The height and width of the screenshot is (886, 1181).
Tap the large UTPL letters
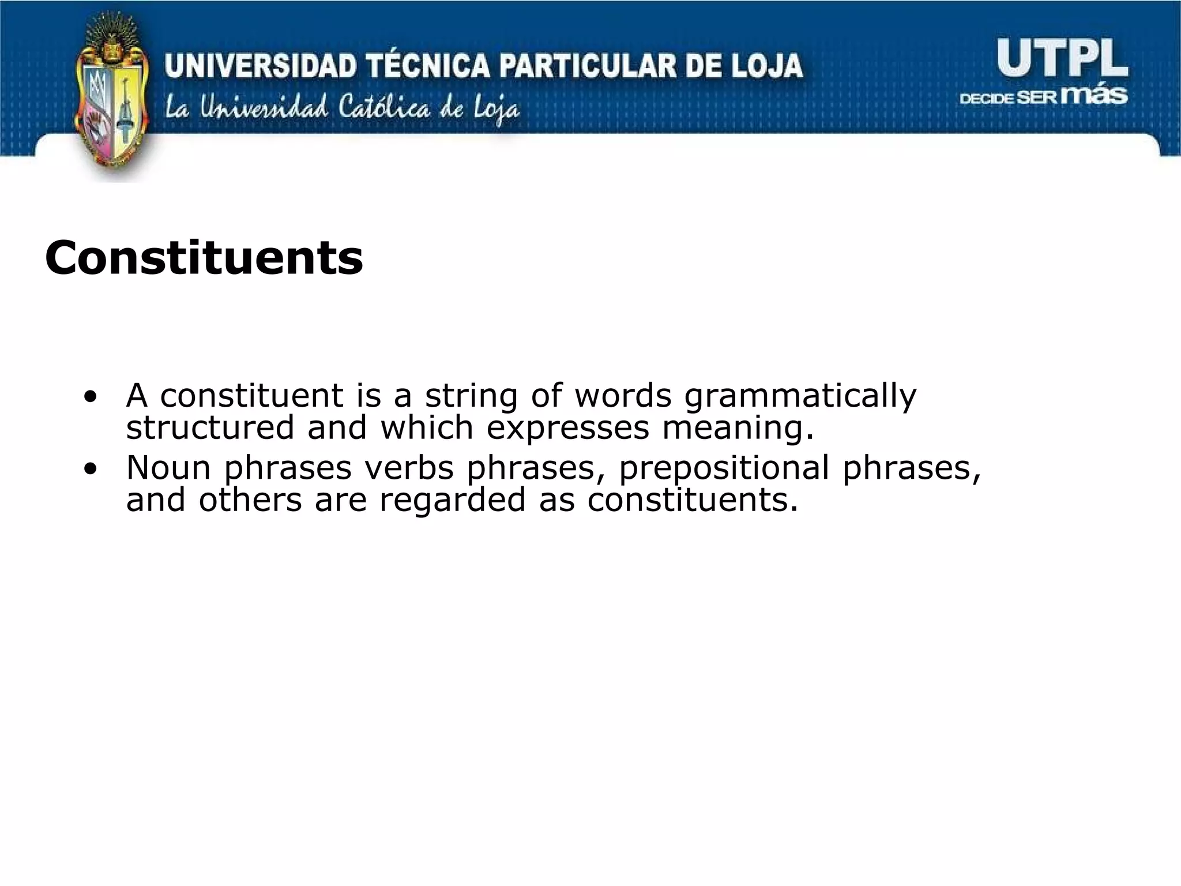point(1062,59)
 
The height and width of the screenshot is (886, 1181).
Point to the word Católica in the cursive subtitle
point(384,108)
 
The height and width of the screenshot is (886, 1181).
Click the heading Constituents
point(204,257)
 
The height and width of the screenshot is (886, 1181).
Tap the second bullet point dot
point(90,468)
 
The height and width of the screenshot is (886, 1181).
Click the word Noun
point(168,467)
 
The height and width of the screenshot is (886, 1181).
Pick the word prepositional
point(724,468)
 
